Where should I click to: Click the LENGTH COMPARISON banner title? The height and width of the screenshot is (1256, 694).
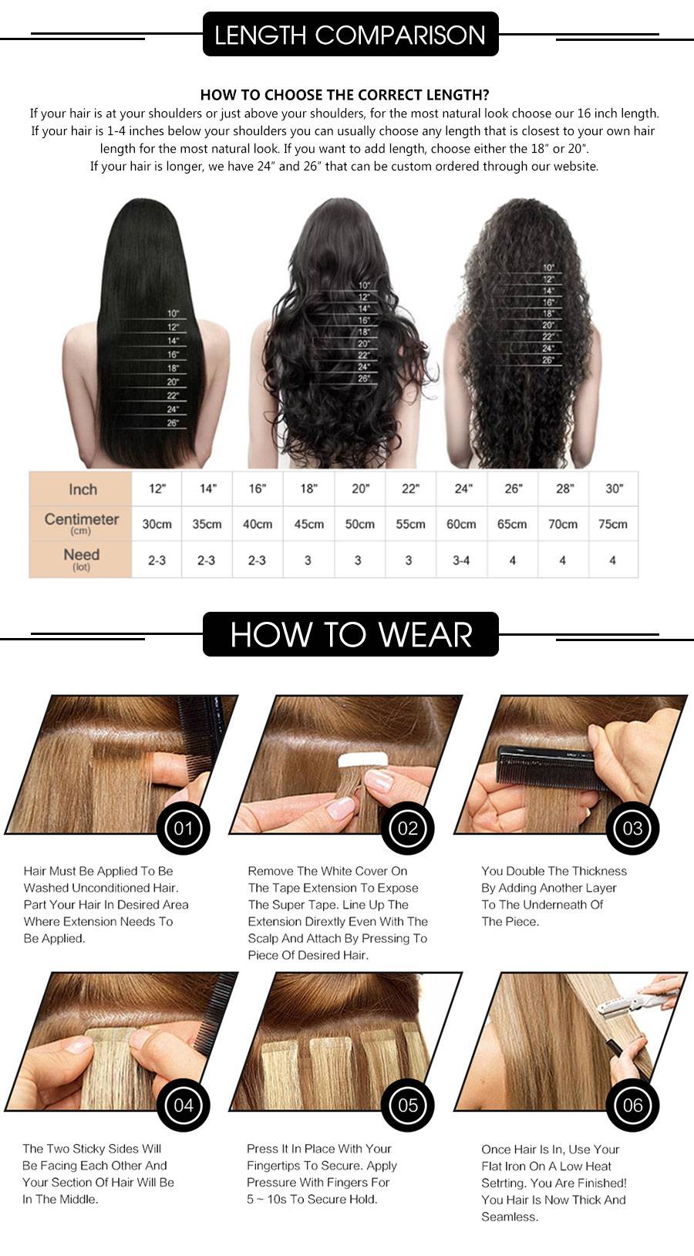tap(350, 35)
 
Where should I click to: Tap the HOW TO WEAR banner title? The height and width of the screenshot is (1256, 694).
tap(351, 635)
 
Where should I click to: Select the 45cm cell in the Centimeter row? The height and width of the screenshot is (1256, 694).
tap(309, 525)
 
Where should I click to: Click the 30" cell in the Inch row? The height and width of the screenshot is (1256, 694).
tap(614, 488)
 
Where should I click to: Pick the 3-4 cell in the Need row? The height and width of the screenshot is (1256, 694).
tap(461, 560)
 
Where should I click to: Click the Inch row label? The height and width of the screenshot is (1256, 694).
tap(83, 489)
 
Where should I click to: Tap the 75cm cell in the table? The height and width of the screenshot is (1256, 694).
tap(613, 525)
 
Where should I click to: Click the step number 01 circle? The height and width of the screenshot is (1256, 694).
tap(184, 828)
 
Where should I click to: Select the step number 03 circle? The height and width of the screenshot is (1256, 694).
tap(632, 828)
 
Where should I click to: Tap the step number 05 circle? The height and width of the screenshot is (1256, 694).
tap(408, 1105)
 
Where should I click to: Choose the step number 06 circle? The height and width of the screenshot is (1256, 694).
tap(632, 1105)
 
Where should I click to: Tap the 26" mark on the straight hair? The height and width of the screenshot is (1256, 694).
tap(172, 423)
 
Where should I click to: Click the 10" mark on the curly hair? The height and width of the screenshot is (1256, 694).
tap(547, 268)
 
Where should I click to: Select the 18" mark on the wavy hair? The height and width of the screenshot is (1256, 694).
tap(364, 332)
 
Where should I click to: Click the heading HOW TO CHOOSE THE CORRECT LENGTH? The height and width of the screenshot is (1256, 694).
tap(345, 95)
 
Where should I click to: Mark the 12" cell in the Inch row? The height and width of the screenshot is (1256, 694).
tap(157, 488)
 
